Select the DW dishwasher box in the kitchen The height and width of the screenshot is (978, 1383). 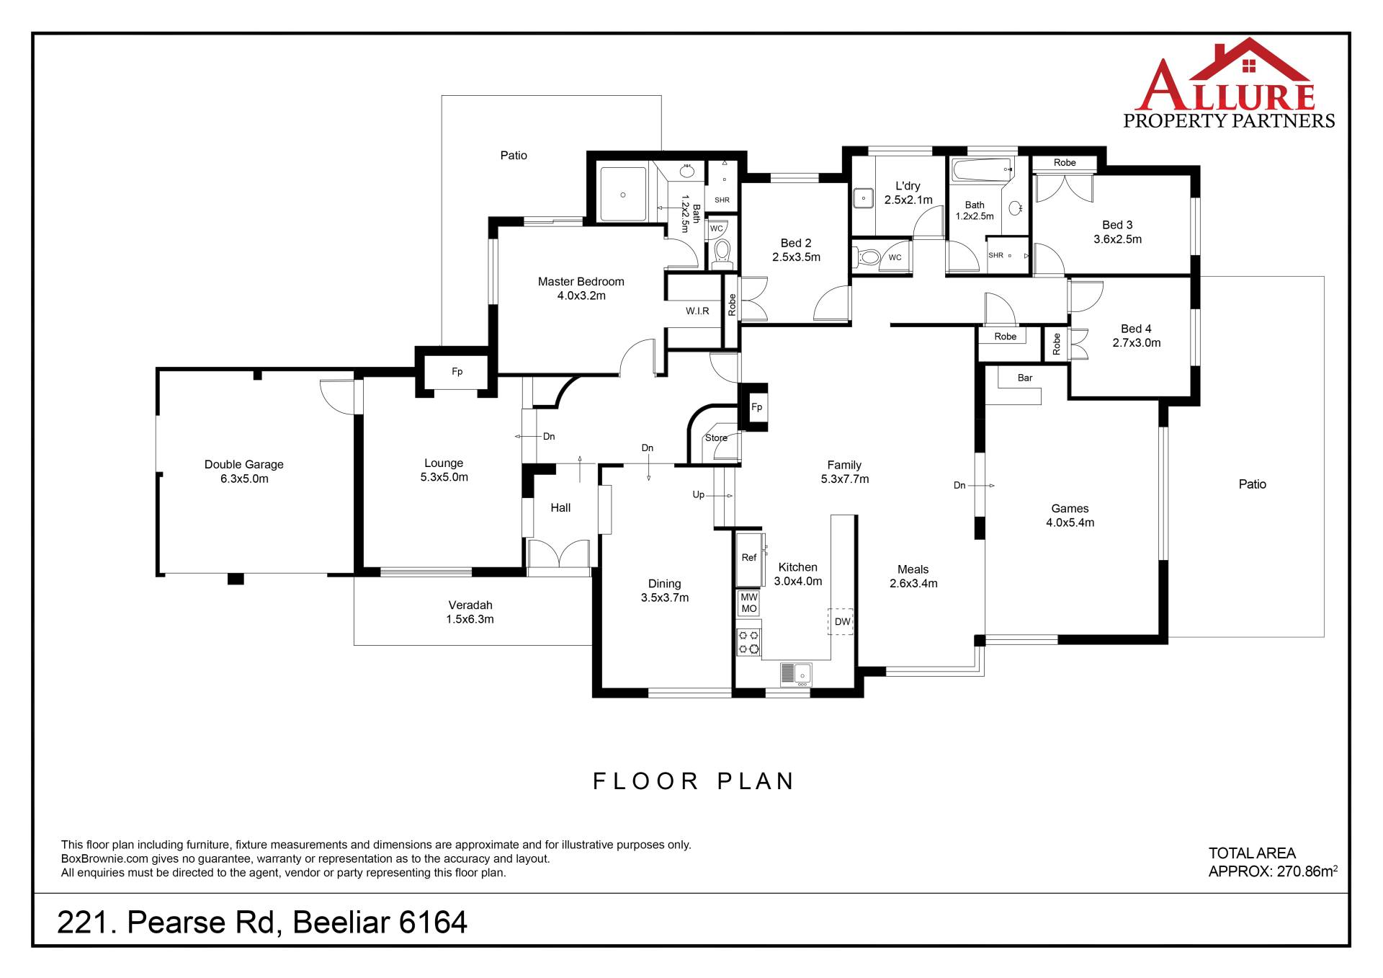tap(841, 621)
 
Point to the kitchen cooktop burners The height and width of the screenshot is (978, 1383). tap(749, 642)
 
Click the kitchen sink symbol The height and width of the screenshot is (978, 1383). tap(796, 674)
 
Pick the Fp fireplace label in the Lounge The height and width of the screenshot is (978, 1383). tap(457, 372)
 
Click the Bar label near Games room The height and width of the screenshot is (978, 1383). tap(1025, 378)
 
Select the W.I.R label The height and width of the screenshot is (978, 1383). tap(697, 311)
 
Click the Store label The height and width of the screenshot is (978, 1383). tap(716, 437)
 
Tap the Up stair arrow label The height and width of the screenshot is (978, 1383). tap(699, 495)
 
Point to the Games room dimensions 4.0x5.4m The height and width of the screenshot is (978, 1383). tap(1070, 523)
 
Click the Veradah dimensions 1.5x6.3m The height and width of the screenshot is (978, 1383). tap(470, 620)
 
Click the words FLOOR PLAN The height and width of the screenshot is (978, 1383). tap(693, 781)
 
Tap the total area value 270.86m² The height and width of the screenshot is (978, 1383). tap(1307, 871)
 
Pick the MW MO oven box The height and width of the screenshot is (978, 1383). tap(749, 603)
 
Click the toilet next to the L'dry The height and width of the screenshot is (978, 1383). tap(867, 257)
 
